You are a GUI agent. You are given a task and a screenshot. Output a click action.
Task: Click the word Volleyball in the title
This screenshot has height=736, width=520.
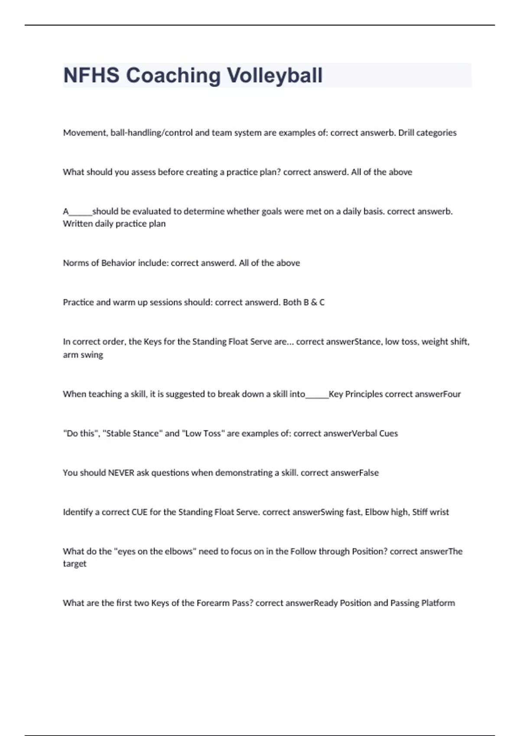pyautogui.click(x=275, y=75)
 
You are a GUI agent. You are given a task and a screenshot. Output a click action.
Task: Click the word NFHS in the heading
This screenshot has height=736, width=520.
pyautogui.click(x=91, y=75)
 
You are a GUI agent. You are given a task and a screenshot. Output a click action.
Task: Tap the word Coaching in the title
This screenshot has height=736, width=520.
pyautogui.click(x=173, y=75)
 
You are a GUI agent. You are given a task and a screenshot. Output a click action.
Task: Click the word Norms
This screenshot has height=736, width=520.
pyautogui.click(x=75, y=263)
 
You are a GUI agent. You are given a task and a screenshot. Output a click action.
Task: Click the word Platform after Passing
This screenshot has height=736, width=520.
pyautogui.click(x=438, y=603)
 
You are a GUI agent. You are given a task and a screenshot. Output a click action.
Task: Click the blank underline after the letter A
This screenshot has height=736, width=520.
pyautogui.click(x=81, y=213)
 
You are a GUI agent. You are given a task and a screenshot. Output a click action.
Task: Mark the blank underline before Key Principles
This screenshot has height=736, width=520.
pyautogui.click(x=317, y=396)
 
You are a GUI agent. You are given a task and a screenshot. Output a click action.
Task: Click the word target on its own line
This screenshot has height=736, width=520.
pyautogui.click(x=75, y=564)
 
